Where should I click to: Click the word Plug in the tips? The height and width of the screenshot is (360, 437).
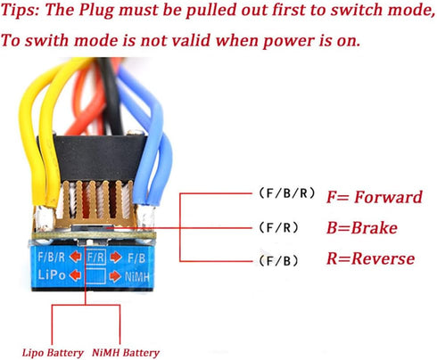pyautogui.click(x=96, y=11)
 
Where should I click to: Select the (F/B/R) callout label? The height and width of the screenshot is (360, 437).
pyautogui.click(x=286, y=193)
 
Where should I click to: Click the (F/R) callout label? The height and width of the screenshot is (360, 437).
pyautogui.click(x=278, y=228)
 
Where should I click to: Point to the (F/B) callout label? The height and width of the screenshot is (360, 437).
pyautogui.click(x=278, y=261)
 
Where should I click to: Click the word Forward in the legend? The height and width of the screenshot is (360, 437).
pyautogui.click(x=388, y=197)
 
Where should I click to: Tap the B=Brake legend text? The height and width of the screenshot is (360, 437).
pyautogui.click(x=362, y=228)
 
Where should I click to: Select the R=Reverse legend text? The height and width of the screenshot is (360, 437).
pyautogui.click(x=370, y=258)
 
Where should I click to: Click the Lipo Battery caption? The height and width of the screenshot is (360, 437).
pyautogui.click(x=53, y=353)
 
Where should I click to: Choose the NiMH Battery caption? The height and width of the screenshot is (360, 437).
pyautogui.click(x=126, y=353)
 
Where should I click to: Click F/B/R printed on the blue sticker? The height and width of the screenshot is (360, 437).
pyautogui.click(x=52, y=257)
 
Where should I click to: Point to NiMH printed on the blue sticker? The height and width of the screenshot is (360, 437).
pyautogui.click(x=136, y=277)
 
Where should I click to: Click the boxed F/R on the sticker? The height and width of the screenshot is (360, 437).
pyautogui.click(x=95, y=258)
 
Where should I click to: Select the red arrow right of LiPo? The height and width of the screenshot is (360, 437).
pyautogui.click(x=75, y=275)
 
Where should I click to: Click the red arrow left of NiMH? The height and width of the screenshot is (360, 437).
pyautogui.click(x=115, y=276)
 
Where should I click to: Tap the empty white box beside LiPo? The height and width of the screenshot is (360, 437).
pyautogui.click(x=95, y=276)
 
